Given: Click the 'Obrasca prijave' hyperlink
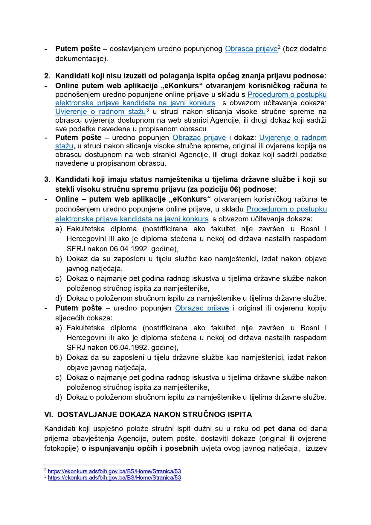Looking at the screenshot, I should pyautogui.click(x=251, y=49).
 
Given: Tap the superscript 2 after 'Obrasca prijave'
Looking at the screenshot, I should pyautogui.click(x=279, y=47).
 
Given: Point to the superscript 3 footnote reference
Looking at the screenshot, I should pyautogui.click(x=147, y=109).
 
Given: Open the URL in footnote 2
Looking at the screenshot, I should pyautogui.click(x=114, y=471).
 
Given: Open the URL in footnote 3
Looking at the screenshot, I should pyautogui.click(x=114, y=477).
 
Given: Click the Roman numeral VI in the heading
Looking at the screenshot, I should pyautogui.click(x=48, y=414).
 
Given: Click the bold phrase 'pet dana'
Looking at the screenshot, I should pyautogui.click(x=279, y=428).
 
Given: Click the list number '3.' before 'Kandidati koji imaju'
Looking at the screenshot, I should pyautogui.click(x=47, y=179).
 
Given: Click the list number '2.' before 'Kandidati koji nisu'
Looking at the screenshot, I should pyautogui.click(x=47, y=76).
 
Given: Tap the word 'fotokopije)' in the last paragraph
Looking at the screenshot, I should pyautogui.click(x=62, y=448).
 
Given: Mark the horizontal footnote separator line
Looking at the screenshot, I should pyautogui.click(x=89, y=465).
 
